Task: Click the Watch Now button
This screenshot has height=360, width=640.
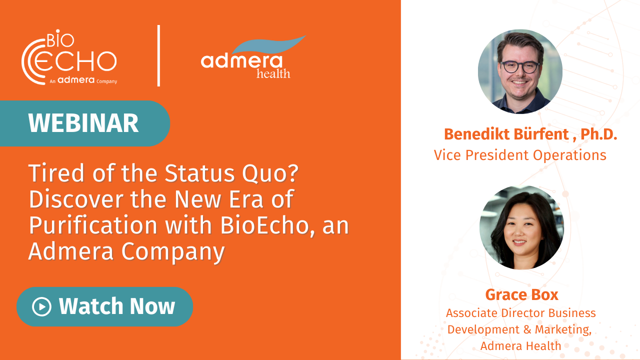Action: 104,306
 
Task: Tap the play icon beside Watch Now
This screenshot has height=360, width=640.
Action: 41,306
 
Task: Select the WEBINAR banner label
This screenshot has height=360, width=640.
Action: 83,123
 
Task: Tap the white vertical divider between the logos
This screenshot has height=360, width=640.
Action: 159,55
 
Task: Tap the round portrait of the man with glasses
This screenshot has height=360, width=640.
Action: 520,71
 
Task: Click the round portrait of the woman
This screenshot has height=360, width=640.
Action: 521,227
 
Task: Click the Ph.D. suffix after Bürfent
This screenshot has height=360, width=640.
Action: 599,134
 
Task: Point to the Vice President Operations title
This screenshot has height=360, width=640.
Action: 520,155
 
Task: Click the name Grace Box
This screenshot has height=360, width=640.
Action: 521,294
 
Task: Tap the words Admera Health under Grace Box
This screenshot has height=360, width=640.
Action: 520,345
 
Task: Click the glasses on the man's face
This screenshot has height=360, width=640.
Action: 520,66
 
